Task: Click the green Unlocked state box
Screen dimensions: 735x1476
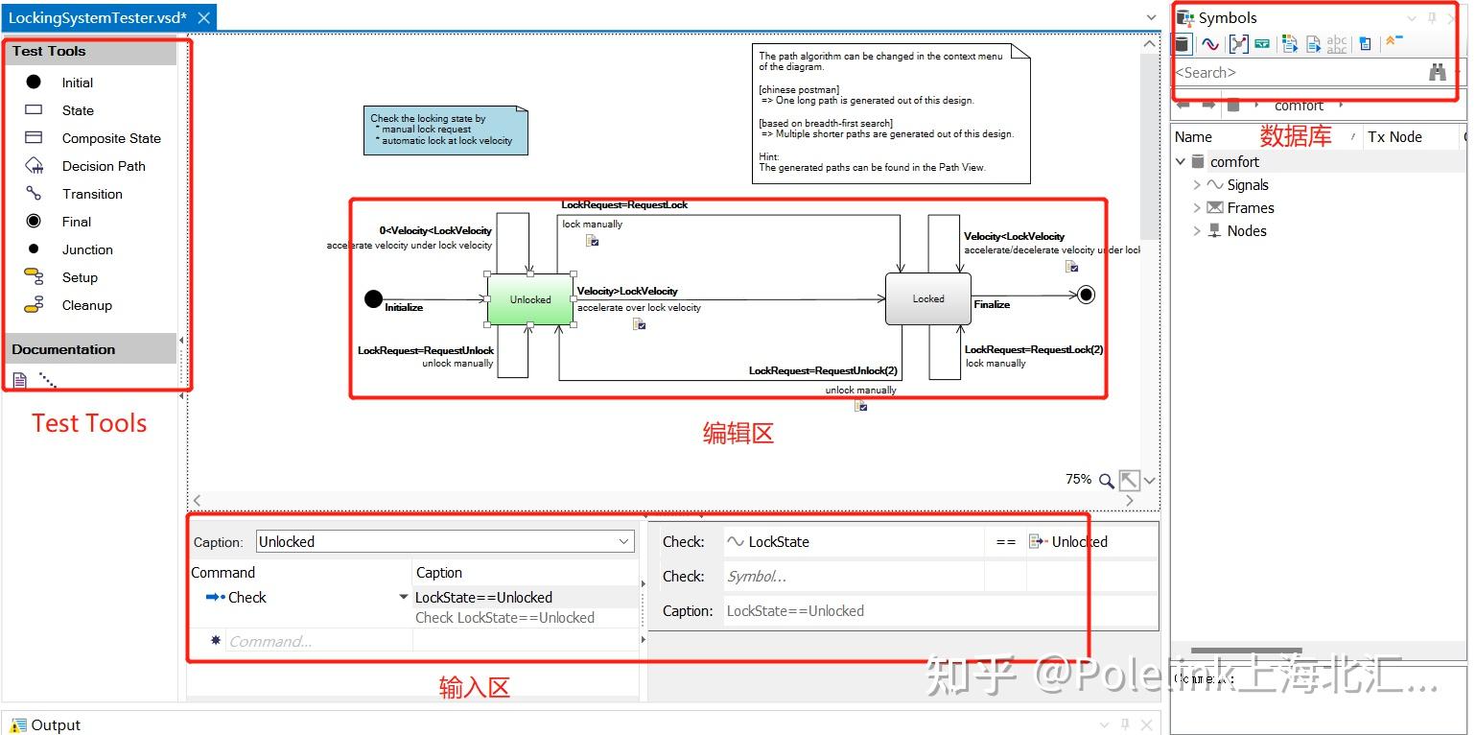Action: tap(529, 299)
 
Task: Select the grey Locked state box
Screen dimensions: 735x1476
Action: tap(927, 298)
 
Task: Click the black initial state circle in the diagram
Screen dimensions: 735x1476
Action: tap(373, 299)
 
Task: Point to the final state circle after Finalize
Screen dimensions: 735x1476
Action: tap(1086, 295)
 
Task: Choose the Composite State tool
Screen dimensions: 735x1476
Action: tap(110, 138)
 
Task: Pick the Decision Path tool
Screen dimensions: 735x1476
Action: tap(103, 166)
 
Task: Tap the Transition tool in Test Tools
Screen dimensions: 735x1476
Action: tap(92, 194)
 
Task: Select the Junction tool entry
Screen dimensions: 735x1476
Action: tap(87, 249)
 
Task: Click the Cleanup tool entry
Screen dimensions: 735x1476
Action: tap(86, 305)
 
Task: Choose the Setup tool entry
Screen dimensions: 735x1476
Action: tap(80, 277)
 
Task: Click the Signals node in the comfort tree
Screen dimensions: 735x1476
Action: tap(1247, 185)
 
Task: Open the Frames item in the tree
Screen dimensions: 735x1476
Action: tap(1250, 208)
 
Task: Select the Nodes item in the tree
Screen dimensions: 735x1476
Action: tap(1246, 231)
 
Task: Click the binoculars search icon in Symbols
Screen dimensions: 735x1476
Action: tap(1437, 72)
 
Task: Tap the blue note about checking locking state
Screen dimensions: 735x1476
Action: tap(445, 130)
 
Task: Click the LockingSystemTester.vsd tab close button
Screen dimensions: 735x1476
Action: tap(203, 18)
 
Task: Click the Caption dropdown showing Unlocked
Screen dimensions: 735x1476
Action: tap(445, 542)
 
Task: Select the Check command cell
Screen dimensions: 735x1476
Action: tap(246, 598)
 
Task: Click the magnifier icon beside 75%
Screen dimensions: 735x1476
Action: tap(1106, 480)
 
